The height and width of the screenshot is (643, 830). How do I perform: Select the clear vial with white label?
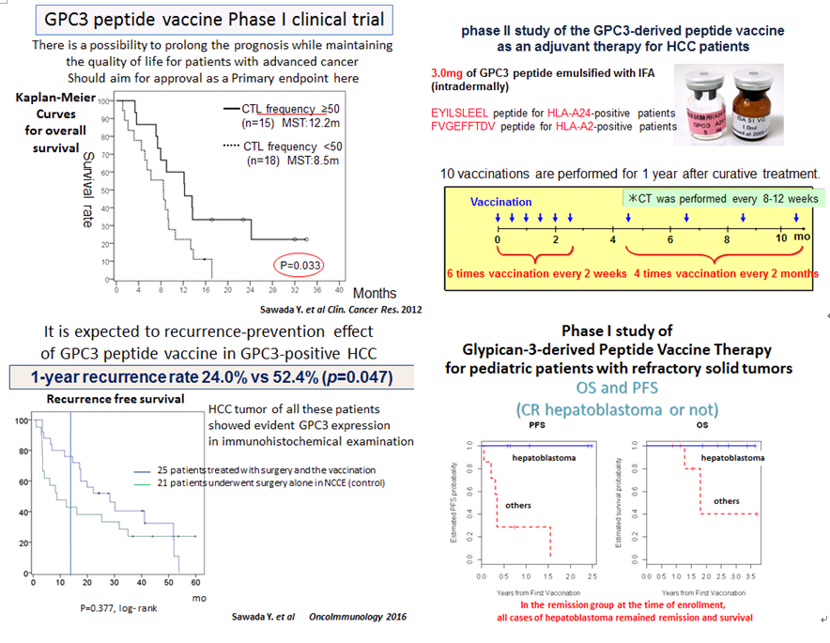coord(711,105)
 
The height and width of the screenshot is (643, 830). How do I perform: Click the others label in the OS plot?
coord(727,500)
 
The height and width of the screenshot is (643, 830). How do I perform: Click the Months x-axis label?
coord(375,294)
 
